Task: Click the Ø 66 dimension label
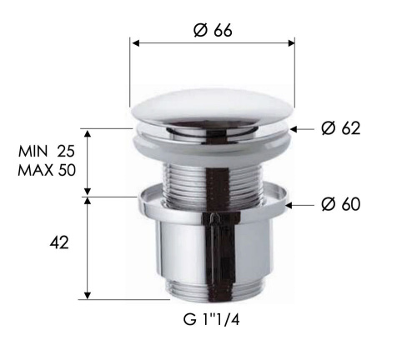(212, 30)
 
